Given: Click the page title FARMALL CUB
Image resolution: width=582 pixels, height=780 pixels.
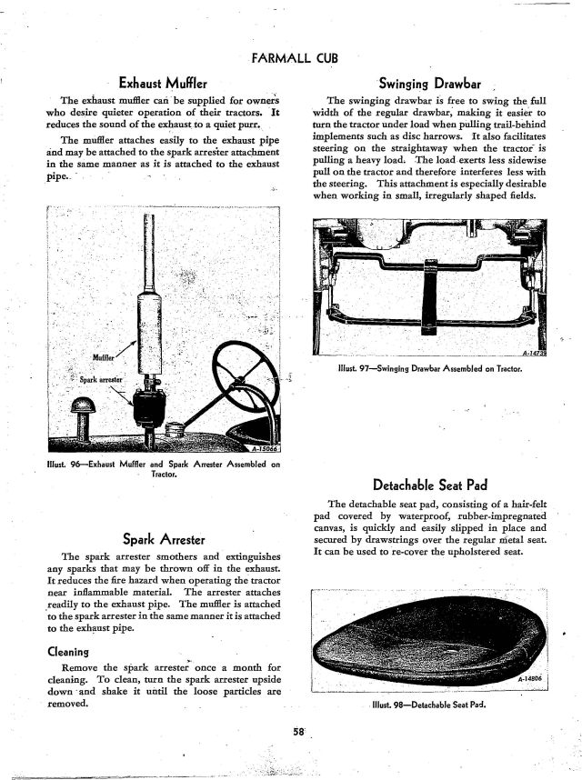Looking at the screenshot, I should pos(292,59).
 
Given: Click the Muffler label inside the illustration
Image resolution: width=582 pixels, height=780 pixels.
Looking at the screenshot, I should pos(105,357).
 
